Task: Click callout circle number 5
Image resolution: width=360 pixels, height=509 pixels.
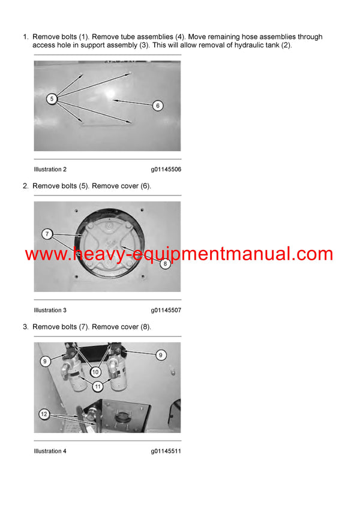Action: [52, 98]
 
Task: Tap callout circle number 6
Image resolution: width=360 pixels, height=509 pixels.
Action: [157, 106]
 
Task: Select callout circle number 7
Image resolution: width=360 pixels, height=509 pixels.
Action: [47, 233]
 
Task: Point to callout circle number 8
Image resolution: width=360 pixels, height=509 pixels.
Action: [164, 264]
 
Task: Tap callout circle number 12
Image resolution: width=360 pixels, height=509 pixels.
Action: [44, 414]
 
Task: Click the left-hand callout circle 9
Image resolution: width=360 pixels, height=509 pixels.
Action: [45, 361]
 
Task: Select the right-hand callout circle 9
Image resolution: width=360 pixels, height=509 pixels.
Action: [160, 355]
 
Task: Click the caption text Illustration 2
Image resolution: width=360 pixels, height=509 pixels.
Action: [50, 170]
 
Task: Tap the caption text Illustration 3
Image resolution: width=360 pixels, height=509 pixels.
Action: [50, 310]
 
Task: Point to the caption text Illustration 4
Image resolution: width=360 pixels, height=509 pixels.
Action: [50, 451]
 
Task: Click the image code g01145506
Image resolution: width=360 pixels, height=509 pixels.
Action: [166, 170]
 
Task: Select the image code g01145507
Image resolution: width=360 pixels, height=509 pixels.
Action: [166, 310]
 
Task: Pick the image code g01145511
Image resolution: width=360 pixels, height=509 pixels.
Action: [166, 451]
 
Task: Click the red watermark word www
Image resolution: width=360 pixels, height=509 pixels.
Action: [46, 254]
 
